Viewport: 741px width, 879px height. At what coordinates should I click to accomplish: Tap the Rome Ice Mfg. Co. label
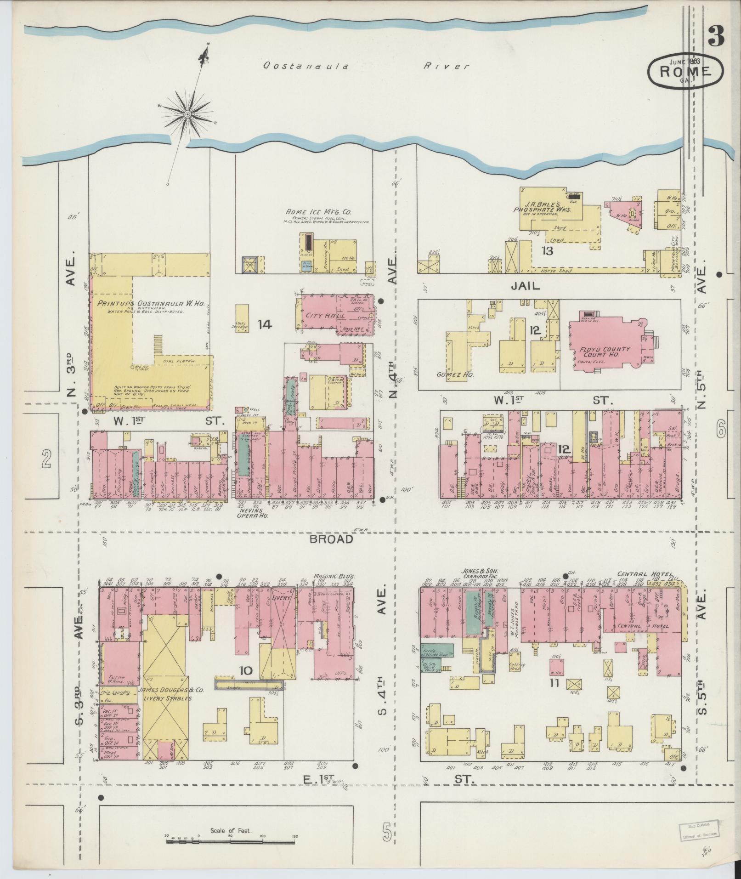coord(318,212)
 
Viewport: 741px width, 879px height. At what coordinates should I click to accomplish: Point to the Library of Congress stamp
coord(700,830)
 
